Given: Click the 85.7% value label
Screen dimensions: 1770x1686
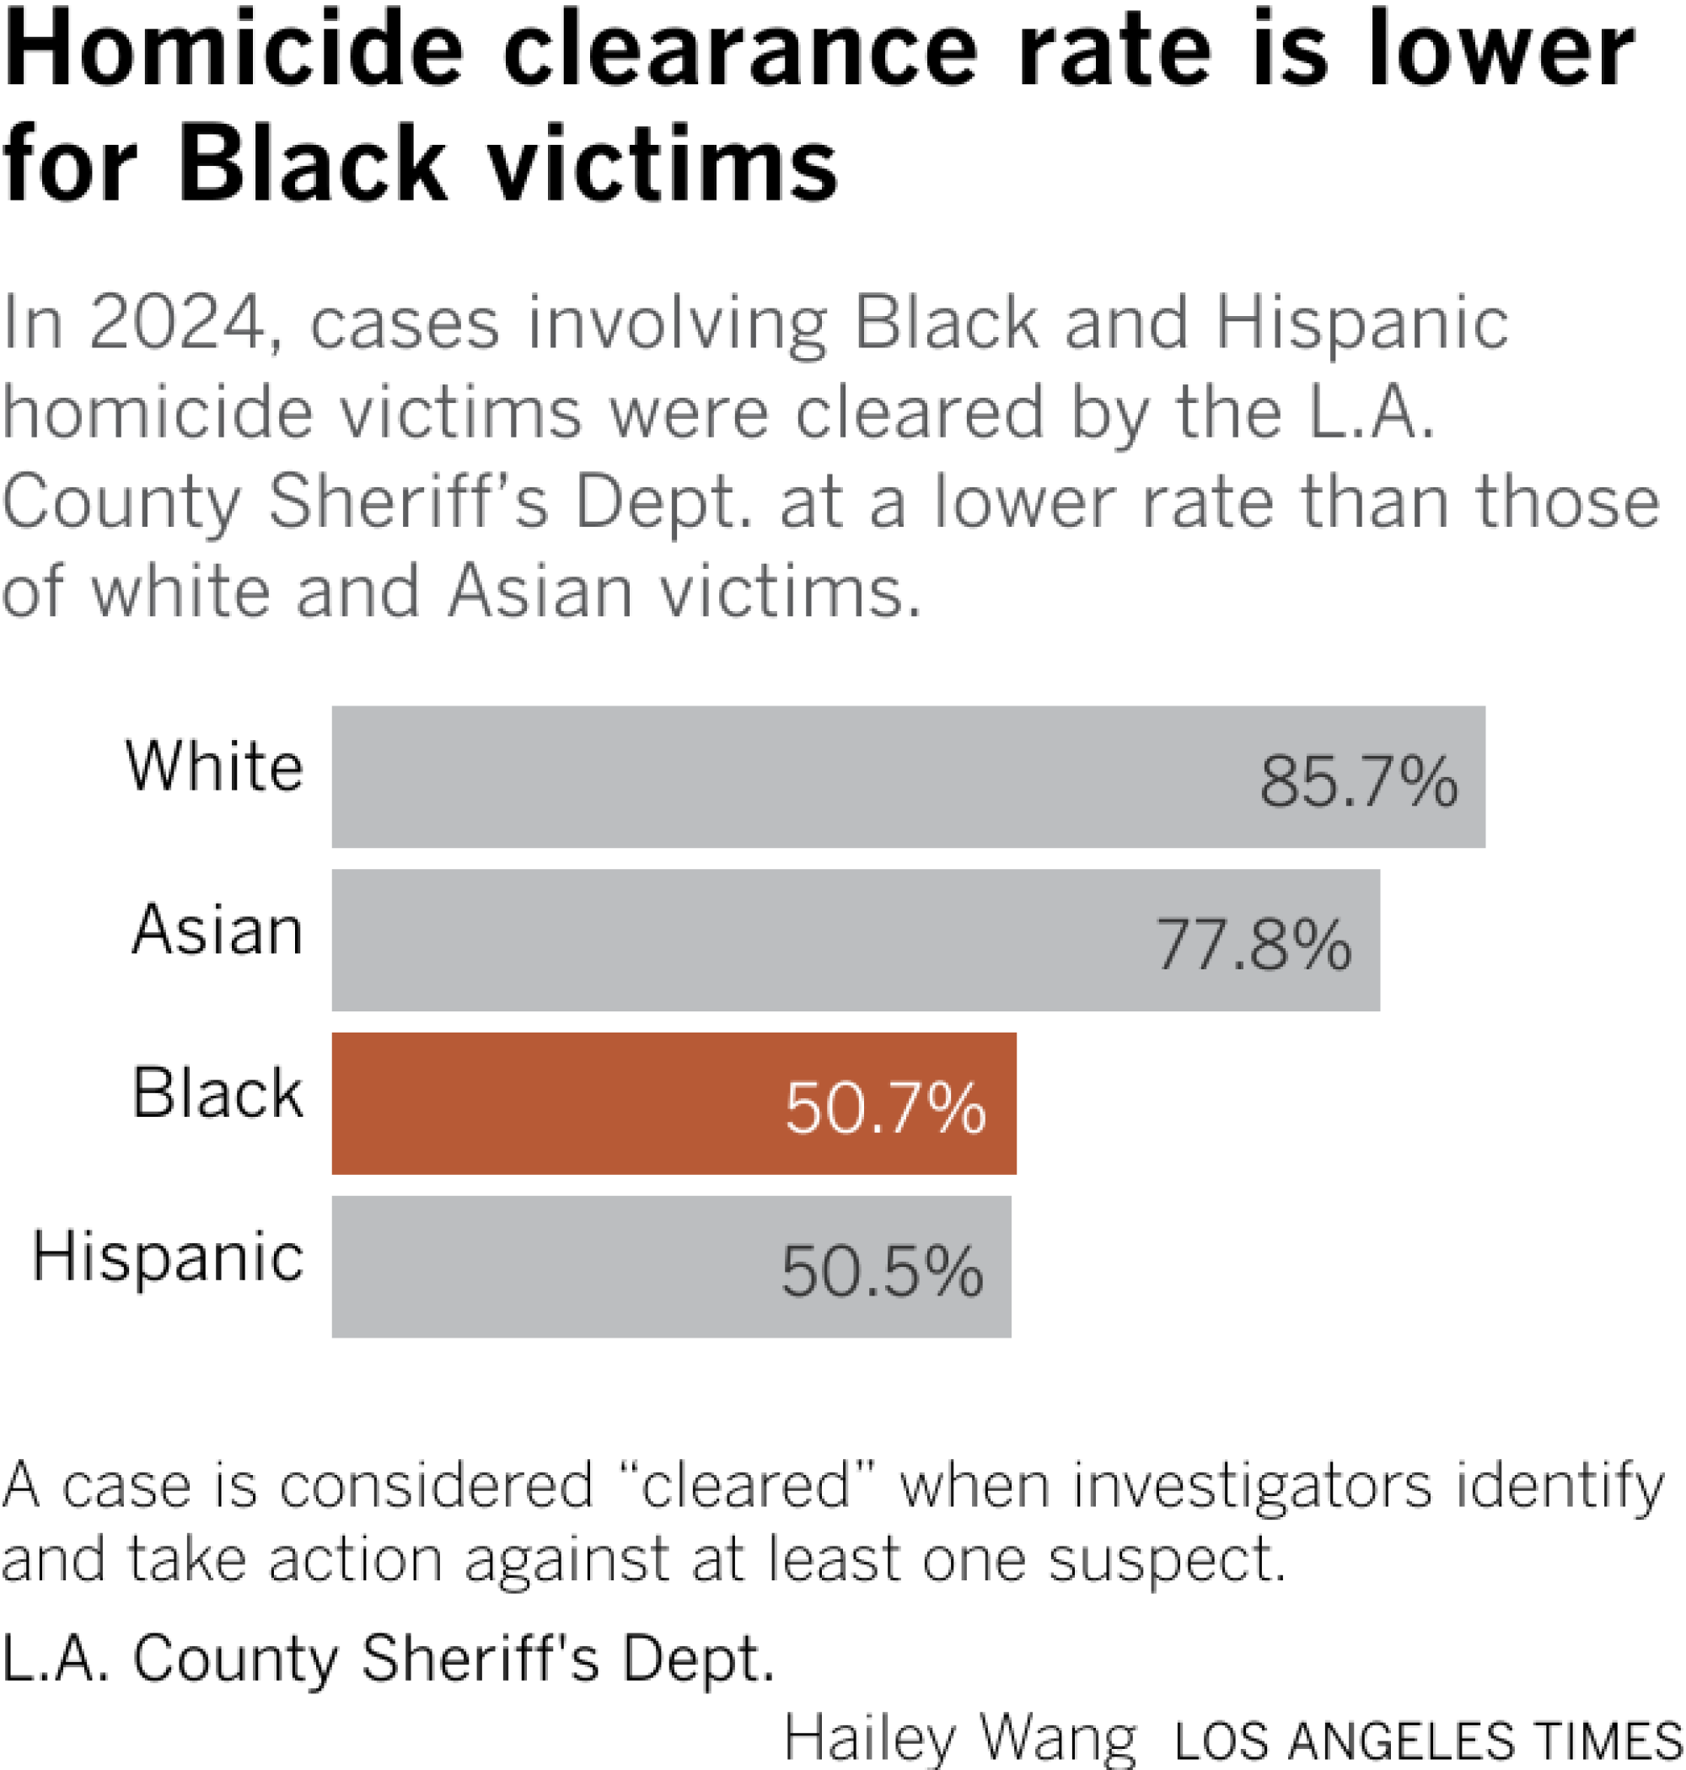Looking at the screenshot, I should point(1358,781).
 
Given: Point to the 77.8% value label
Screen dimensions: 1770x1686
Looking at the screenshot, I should point(1253,945).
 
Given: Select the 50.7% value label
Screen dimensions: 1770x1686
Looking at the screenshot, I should point(885,1108).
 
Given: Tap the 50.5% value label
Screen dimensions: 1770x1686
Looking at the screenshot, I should point(882,1272).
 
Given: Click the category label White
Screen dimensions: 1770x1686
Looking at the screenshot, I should point(215,767).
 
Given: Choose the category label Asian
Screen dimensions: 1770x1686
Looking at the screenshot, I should point(217,931).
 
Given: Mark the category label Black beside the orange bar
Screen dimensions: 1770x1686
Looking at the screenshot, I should point(217,1094).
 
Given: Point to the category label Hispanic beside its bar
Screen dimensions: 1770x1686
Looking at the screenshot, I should point(168,1258).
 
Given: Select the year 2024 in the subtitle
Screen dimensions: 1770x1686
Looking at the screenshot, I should point(178,324).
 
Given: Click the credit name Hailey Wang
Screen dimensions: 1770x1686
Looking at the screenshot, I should point(960,1739).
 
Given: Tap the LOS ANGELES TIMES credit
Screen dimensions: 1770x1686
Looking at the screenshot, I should point(1428,1742).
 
